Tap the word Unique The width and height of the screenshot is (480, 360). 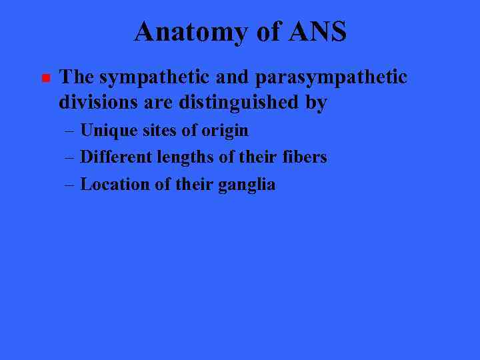(108, 131)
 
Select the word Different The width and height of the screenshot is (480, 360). (116, 157)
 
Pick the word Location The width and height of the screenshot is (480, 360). (115, 184)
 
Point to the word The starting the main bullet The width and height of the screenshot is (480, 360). (77, 77)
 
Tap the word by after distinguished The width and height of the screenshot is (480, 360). (316, 103)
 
